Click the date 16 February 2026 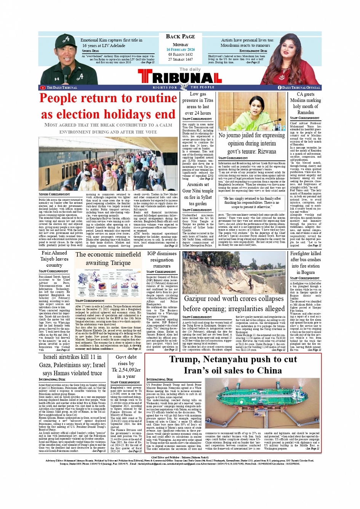click(x=180, y=50)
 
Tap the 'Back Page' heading click(x=180, y=37)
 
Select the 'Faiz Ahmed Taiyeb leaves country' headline click(x=54, y=259)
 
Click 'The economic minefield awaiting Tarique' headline click(x=108, y=258)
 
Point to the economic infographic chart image click(x=108, y=283)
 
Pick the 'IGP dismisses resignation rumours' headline click(x=162, y=259)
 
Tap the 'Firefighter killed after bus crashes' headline click(x=305, y=263)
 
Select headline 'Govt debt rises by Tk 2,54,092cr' click(x=126, y=366)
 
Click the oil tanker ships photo click(x=262, y=404)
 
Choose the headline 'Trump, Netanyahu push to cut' click(x=233, y=365)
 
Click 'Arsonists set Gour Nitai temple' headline click(x=197, y=194)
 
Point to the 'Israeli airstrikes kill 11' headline click(x=72, y=365)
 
